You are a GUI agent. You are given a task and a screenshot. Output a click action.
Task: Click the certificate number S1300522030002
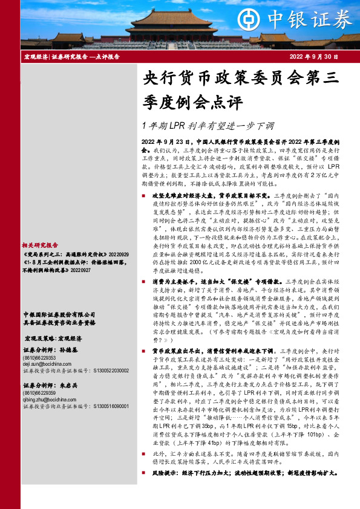(x=110, y=372)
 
